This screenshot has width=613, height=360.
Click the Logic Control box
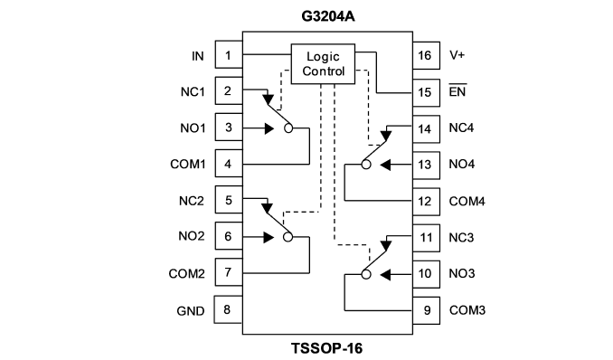tap(323, 64)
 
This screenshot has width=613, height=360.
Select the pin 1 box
tap(229, 55)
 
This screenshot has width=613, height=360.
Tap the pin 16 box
tap(426, 55)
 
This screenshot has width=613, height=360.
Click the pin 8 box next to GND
tap(228, 309)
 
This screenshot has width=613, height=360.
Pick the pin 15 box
tap(426, 92)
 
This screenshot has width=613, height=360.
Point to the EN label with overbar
tap(457, 90)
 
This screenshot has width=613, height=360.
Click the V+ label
tap(457, 55)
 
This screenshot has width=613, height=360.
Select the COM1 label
tap(188, 164)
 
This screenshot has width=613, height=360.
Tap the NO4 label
tap(462, 164)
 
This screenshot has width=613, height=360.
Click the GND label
tap(191, 311)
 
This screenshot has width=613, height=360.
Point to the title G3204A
tap(328, 16)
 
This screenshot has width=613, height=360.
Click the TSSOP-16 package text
tap(326, 348)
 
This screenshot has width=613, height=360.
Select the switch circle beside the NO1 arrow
tap(288, 128)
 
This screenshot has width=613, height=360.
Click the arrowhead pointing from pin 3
tap(269, 128)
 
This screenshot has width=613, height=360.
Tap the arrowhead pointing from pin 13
tap(385, 165)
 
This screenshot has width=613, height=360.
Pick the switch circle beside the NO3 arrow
tap(366, 275)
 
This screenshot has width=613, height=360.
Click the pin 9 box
tap(426, 310)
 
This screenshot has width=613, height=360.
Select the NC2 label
tap(192, 201)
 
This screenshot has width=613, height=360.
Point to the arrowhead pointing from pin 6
tap(269, 237)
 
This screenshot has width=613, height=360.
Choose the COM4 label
tap(467, 202)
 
